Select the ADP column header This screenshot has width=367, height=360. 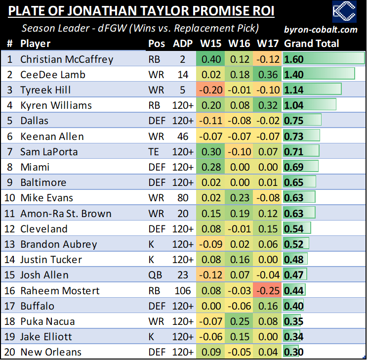coord(183,44)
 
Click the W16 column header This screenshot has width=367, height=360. coord(239,44)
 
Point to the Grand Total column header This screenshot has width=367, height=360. coord(311,44)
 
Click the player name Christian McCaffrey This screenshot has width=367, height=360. coord(67,59)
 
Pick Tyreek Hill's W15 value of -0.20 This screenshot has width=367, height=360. coord(210,90)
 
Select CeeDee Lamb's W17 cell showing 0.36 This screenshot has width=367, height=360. coord(267,75)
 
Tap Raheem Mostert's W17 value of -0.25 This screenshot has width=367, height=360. coord(267,291)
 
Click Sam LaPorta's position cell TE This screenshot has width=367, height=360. coord(154,152)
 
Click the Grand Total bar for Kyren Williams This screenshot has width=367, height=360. coord(309,105)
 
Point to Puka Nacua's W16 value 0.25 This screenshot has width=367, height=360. coord(239,321)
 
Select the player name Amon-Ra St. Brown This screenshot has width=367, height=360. coord(66,214)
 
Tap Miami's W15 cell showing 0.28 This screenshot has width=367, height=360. coord(210,167)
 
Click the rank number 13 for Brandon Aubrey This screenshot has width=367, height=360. coord(10,244)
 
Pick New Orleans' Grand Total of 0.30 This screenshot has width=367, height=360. coord(294,352)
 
